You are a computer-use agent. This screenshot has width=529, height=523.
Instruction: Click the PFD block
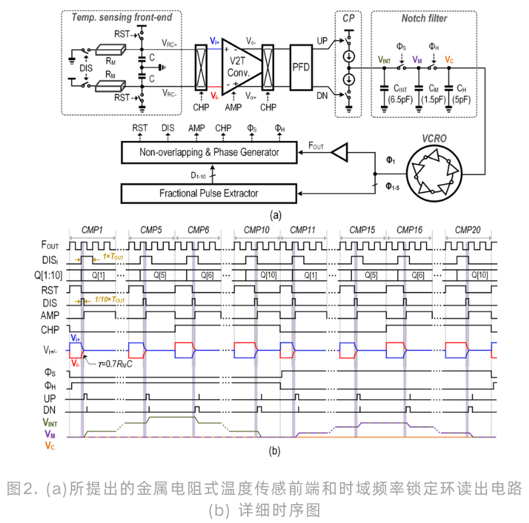[x=301, y=68]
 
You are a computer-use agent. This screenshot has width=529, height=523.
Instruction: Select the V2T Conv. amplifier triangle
[x=240, y=67]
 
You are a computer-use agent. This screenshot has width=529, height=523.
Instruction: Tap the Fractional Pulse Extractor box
[x=209, y=193]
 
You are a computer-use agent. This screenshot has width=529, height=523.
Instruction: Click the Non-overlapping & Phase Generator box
[x=209, y=153]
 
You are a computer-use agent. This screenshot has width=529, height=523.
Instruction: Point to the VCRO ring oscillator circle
[x=434, y=174]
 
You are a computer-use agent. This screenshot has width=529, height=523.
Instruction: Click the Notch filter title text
[x=424, y=18]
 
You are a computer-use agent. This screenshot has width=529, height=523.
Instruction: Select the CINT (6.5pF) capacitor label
[x=400, y=94]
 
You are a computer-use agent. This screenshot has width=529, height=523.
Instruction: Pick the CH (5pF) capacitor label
[x=461, y=94]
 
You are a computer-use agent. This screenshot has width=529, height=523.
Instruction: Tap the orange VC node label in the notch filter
[x=449, y=60]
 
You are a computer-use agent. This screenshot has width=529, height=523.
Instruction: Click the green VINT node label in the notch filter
[x=384, y=60]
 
